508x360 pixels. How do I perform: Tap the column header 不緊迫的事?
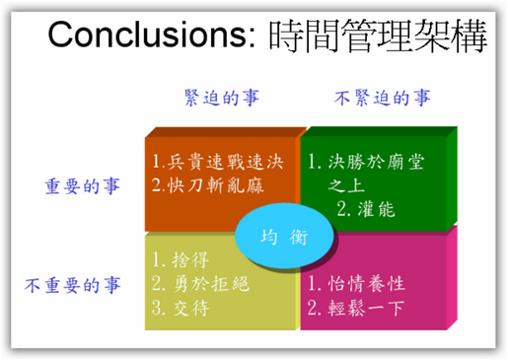[x=382, y=98]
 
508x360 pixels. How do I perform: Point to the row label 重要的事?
[x=84, y=186]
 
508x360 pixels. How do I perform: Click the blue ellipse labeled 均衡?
[x=283, y=238]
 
